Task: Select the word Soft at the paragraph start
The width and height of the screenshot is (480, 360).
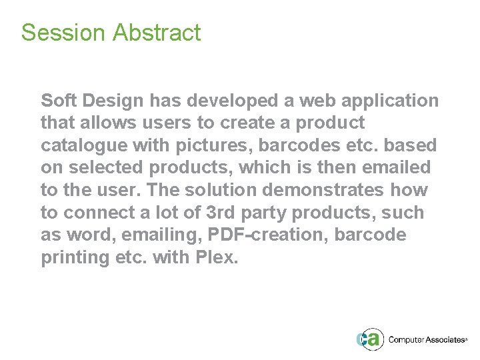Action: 56,101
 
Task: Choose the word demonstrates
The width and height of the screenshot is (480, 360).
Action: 323,191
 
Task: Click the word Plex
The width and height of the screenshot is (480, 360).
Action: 215,258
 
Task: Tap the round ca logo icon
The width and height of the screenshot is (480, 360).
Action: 370,339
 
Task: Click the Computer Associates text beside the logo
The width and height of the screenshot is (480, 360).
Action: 427,340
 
